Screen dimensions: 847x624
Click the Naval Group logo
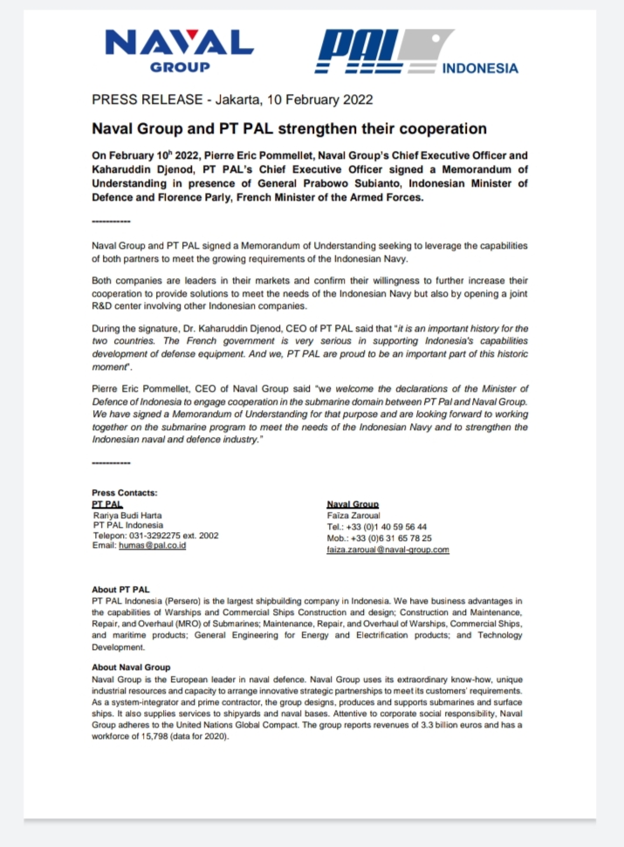click(179, 51)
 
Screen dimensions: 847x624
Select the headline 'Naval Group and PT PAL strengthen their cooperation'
click(289, 129)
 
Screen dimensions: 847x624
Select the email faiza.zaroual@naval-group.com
click(387, 550)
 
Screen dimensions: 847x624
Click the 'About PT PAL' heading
click(120, 590)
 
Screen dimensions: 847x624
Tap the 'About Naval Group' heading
click(131, 667)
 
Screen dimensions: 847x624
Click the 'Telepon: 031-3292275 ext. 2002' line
click(155, 535)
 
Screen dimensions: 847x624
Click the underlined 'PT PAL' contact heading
click(106, 504)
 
